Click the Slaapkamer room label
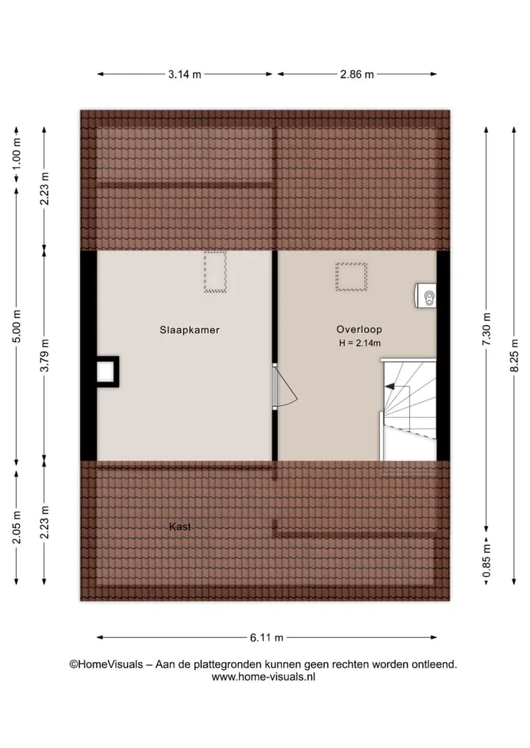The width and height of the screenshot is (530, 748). point(190,330)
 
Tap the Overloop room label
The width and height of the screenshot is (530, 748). point(359,330)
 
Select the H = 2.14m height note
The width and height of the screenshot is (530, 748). point(359,343)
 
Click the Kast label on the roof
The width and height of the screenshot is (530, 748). point(180,527)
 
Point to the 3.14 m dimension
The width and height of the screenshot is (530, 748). point(185,74)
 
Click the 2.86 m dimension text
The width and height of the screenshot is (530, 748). point(357,74)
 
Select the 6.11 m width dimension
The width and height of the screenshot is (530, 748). point(267,638)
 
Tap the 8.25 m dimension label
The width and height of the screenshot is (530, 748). point(515,355)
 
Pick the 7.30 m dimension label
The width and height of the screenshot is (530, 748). point(487,330)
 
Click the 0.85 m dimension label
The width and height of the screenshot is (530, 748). point(487,560)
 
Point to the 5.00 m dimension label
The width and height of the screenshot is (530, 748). point(17,327)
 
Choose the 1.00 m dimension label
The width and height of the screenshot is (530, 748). point(17,154)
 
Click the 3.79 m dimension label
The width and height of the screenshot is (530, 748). point(44,355)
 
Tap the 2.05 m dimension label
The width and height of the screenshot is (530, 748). point(17,527)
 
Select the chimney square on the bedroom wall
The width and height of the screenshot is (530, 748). point(107,371)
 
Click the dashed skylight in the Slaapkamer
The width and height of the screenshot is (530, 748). point(215,271)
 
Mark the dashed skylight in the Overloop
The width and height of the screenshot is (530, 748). point(351,277)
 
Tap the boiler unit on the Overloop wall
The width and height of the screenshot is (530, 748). point(426,295)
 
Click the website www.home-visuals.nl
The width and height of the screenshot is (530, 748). point(264,677)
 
